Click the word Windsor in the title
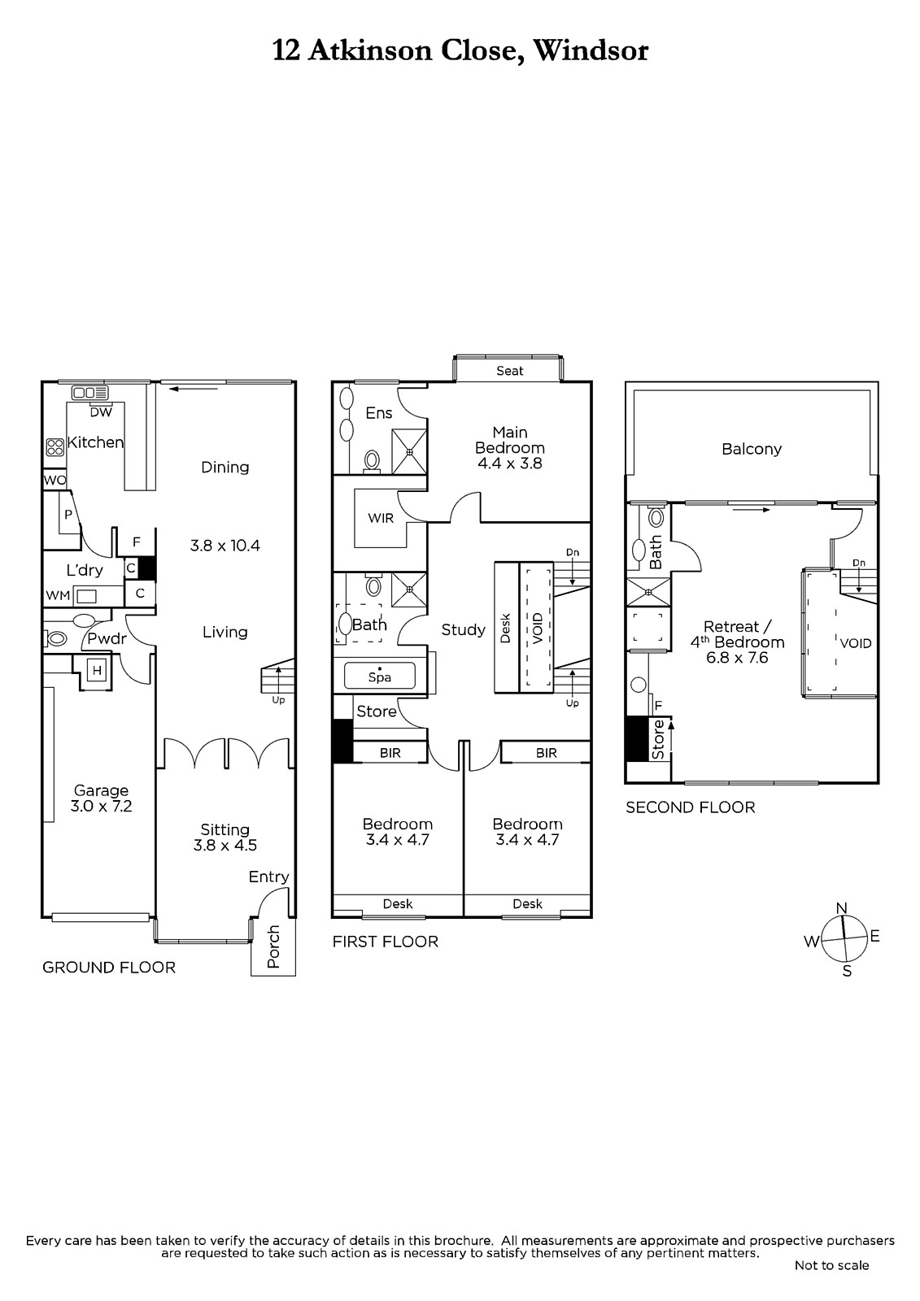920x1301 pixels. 591,50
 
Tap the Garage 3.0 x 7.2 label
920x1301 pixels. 101,798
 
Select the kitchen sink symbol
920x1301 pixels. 90,394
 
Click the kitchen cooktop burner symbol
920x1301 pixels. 55,446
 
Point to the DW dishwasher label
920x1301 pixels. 101,412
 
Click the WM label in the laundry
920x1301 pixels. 58,595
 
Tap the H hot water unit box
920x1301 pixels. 97,671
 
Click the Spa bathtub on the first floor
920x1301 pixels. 380,676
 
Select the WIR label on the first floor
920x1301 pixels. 381,518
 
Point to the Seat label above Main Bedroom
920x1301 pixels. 510,371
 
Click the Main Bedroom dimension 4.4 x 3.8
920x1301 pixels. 510,463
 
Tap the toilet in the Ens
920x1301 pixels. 372,460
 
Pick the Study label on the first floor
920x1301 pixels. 463,630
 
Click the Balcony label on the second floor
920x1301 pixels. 752,450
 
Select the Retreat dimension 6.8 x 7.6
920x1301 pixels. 737,658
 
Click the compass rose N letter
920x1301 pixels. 841,907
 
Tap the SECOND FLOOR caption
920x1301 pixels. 691,807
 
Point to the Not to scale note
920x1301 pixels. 831,1264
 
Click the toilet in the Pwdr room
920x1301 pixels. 56,639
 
